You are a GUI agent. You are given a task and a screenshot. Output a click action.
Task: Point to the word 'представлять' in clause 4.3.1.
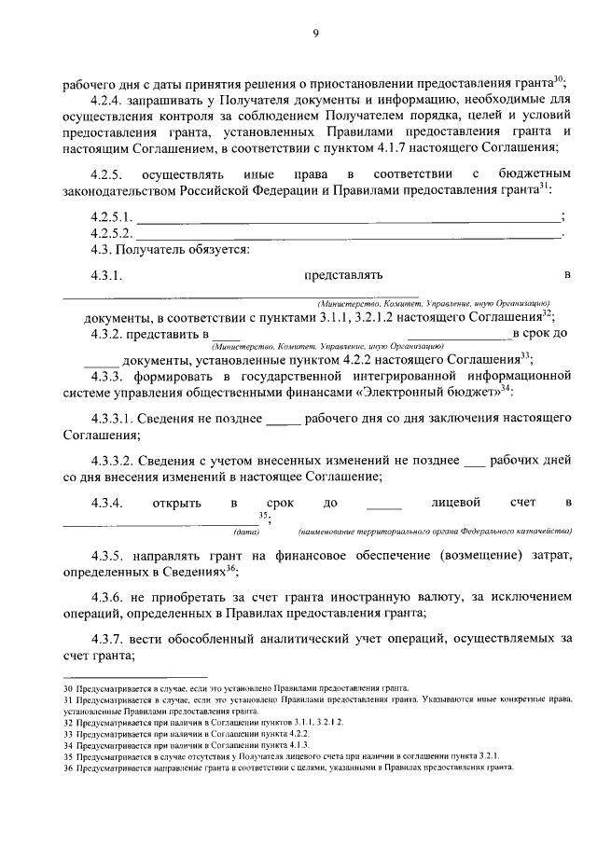pos(343,275)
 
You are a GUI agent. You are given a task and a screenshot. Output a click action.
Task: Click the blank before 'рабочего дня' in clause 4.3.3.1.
pos(284,420)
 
